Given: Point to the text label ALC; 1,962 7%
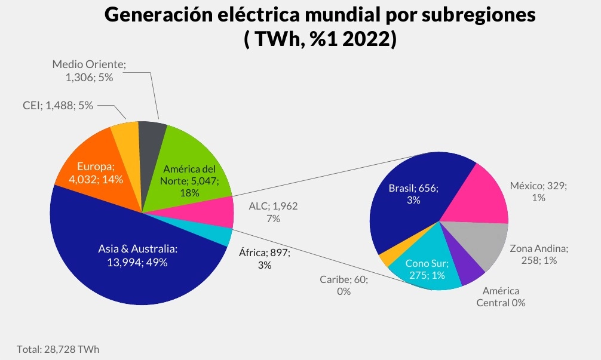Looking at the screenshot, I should coord(273,212).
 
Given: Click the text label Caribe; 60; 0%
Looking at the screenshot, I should coord(344,285).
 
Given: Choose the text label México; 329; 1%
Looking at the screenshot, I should coord(538,192).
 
